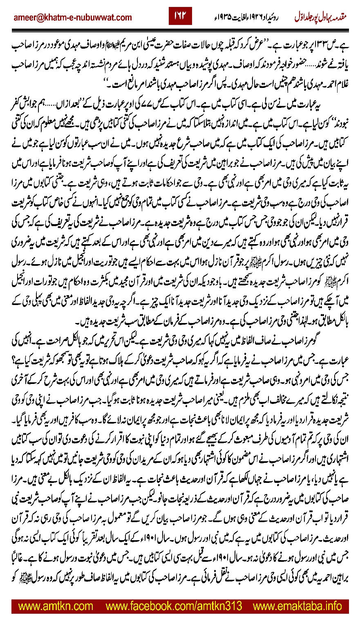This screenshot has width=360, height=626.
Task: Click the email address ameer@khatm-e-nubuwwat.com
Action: [x=73, y=17]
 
